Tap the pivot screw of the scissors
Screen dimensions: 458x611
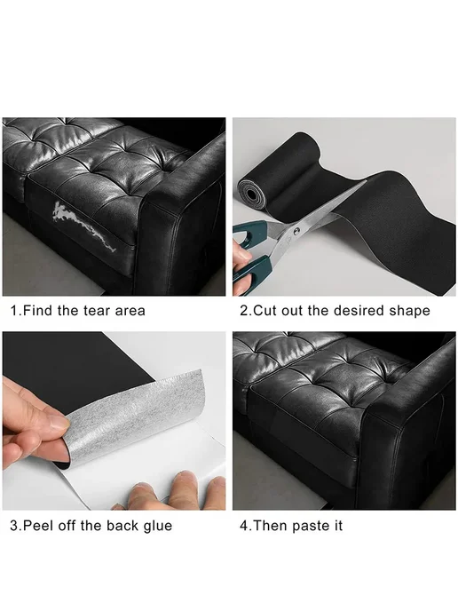(x=297, y=231)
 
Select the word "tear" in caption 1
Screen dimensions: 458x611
(x=98, y=311)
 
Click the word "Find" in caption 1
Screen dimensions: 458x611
(x=38, y=311)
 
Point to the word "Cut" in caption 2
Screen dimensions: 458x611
(x=265, y=311)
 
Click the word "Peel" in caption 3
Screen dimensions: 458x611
(x=38, y=526)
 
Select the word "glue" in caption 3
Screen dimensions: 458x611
(x=158, y=527)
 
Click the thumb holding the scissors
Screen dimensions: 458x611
(x=242, y=250)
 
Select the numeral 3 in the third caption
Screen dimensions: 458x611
(x=14, y=526)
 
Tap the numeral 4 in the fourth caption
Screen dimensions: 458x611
(x=244, y=526)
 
